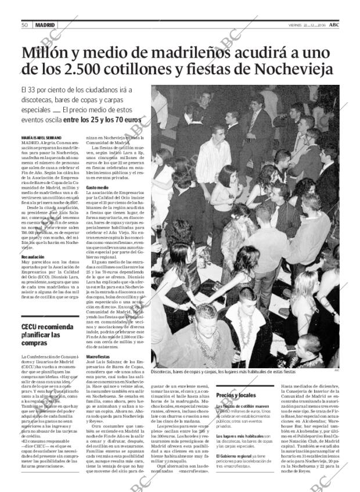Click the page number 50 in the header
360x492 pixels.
pyautogui.click(x=25, y=25)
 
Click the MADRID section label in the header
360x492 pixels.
pyautogui.click(x=45, y=25)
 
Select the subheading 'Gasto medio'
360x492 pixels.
pyautogui.click(x=98, y=188)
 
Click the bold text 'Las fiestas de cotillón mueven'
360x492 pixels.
pyautogui.click(x=242, y=406)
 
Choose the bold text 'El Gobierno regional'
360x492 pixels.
pyautogui.click(x=234, y=456)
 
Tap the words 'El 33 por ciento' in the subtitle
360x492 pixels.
pyautogui.click(x=46, y=90)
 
